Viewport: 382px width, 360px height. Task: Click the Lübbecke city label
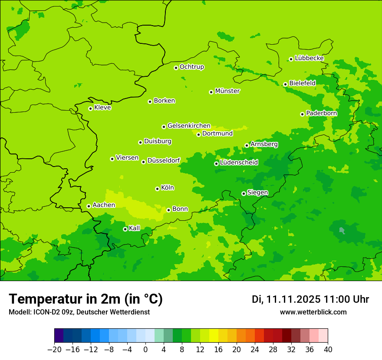coord(309,58)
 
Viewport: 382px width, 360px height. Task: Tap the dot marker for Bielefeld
coord(285,84)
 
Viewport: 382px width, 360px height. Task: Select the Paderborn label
coord(321,113)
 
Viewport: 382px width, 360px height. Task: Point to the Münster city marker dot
coord(211,92)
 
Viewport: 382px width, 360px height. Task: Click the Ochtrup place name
coord(191,67)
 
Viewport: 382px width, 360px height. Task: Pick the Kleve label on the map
coord(102,108)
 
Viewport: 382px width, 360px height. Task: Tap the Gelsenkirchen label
coord(189,126)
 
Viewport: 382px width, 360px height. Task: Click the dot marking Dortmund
coord(198,134)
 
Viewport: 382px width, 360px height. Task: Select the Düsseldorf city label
coord(164,160)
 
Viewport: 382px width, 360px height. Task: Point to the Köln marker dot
coord(157,189)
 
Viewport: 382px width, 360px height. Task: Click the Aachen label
coord(104,205)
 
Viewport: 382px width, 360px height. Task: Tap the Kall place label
coord(135,228)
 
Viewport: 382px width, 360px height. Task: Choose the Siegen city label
coord(257,193)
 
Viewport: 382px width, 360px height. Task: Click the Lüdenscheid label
coord(239,163)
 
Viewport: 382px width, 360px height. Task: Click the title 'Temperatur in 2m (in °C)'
coord(86,299)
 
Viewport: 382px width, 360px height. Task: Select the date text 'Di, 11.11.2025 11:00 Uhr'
coord(310,299)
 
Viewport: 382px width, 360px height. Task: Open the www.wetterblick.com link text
coord(313,312)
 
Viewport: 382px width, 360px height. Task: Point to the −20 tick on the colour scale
coord(54,350)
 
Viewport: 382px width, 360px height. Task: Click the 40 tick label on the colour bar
coord(328,350)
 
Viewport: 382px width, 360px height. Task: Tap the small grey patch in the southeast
coord(342,230)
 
